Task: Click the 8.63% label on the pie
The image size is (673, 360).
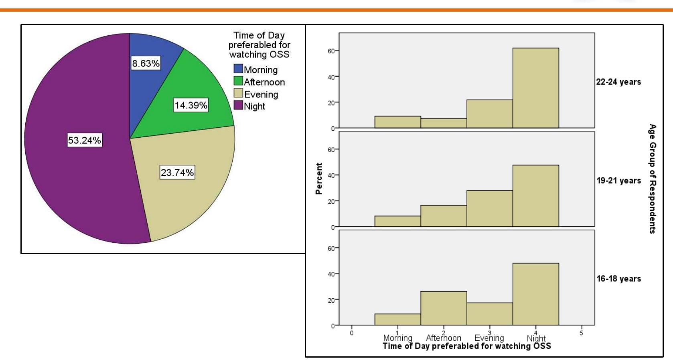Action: [x=146, y=63]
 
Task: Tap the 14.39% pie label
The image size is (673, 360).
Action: [x=191, y=105]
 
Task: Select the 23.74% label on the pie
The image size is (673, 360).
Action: [x=177, y=173]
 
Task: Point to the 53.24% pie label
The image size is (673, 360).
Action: [x=84, y=140]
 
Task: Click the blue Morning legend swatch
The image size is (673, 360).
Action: [x=238, y=69]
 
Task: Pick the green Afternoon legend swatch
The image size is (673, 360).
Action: [x=238, y=81]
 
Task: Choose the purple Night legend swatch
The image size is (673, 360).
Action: [x=238, y=106]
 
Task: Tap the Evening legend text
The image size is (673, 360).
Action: [x=261, y=94]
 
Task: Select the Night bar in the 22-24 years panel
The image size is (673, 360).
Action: [x=535, y=88]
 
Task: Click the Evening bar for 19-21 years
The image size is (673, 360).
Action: [x=489, y=208]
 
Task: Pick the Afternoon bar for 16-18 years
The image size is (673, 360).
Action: [x=444, y=308]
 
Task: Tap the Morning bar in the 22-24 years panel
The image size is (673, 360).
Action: [x=397, y=122]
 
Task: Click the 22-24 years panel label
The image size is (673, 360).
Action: [x=618, y=82]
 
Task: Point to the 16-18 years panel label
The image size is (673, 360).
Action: [x=618, y=279]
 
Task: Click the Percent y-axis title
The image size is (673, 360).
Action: [x=319, y=179]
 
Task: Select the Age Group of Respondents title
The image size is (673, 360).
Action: [x=653, y=179]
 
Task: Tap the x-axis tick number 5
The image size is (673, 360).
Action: [x=581, y=333]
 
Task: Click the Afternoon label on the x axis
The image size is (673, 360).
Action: [x=444, y=338]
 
